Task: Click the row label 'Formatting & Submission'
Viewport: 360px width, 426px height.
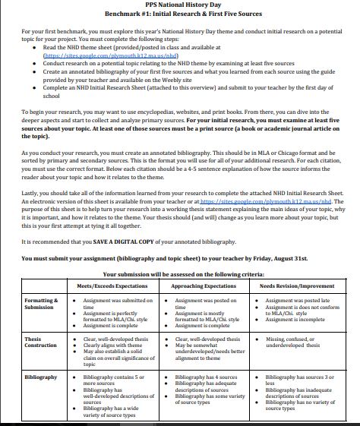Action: (40, 304)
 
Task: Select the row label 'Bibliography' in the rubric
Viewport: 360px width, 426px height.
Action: (41, 377)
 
